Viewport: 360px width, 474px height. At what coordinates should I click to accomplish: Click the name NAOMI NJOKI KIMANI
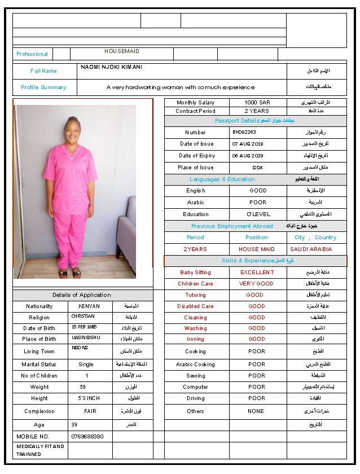111,67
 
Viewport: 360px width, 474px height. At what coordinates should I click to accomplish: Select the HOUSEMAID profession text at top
121,51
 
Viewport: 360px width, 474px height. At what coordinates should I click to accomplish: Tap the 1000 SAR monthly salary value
257,103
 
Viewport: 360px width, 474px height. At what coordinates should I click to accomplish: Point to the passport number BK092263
244,132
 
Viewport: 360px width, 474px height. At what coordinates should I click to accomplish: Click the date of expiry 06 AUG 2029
248,156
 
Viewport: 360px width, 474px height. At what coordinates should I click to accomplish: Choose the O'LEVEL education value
258,214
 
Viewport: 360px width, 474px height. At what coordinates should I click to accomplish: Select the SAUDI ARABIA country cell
311,249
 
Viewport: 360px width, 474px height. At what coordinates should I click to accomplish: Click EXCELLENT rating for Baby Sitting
257,273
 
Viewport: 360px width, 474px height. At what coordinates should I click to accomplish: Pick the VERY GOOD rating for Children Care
256,284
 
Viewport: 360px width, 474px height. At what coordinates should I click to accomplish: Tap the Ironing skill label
195,339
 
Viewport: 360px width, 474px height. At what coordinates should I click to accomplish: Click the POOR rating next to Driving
256,398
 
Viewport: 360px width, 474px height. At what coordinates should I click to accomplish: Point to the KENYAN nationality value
86,306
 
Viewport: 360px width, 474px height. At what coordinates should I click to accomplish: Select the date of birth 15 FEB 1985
85,327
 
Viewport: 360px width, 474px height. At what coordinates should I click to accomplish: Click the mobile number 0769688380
87,437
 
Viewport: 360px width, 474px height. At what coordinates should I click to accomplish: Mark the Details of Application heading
82,295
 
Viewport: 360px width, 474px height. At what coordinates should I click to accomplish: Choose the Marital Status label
39,365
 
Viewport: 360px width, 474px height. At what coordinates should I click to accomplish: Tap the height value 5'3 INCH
86,398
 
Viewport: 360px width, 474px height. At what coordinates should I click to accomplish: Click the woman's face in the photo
72,130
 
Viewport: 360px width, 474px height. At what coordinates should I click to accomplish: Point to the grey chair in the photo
125,226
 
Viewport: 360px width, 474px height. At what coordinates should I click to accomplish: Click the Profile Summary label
43,87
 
